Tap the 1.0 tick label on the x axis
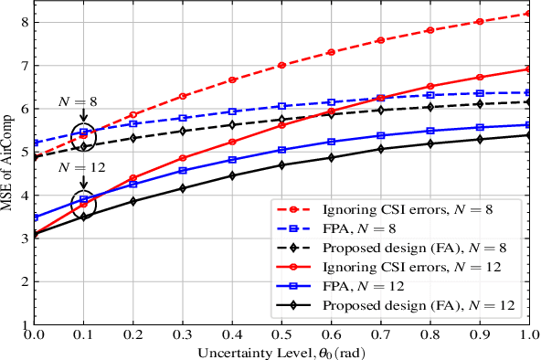527,337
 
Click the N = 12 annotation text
80,167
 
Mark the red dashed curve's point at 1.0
527,14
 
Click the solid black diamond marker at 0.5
281,165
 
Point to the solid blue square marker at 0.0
35,217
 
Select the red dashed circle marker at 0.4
232,80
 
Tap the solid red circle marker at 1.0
527,69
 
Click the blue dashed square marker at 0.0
35,143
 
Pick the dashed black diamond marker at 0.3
183,131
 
